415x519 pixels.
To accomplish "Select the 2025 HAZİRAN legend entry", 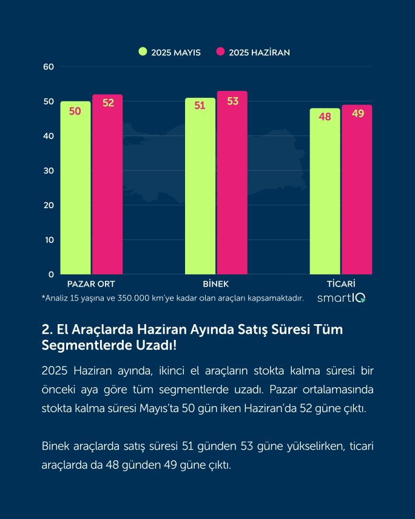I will [253, 52].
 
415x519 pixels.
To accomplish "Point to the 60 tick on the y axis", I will [49, 67].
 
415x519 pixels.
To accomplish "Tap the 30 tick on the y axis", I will [49, 171].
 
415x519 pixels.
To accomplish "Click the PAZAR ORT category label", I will [91, 284].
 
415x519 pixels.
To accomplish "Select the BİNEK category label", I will [216, 284].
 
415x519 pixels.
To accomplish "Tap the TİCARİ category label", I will [340, 284].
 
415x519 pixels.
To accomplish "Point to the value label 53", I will [232, 101].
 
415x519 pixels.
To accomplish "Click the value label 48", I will [325, 117].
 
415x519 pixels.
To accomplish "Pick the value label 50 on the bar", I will [75, 111].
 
